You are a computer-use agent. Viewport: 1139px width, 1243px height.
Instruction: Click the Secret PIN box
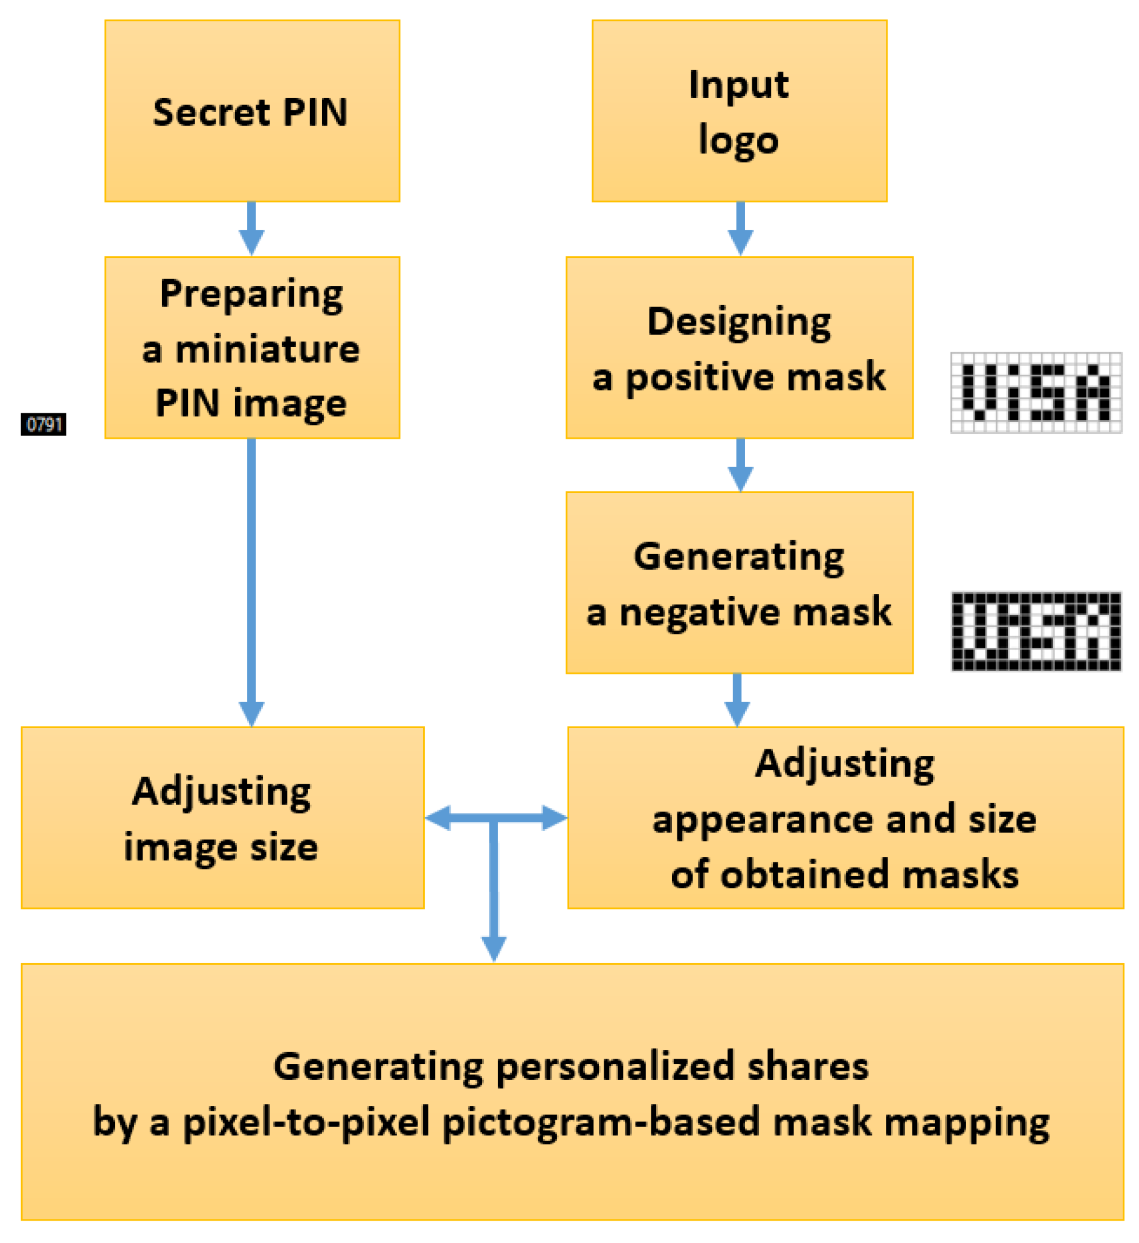coord(251,111)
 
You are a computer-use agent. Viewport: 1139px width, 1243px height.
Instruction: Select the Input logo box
coord(739,111)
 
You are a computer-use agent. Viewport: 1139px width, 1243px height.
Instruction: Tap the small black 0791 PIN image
coord(43,424)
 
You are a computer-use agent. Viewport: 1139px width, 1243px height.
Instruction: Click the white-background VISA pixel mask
coord(1036,393)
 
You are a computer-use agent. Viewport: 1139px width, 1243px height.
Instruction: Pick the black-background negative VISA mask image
coord(1036,631)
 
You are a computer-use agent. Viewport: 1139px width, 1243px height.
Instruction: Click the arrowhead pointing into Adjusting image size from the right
coord(438,818)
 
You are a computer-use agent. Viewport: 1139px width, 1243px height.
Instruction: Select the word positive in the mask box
coord(694,377)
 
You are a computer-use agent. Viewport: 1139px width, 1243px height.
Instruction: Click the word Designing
coord(739,322)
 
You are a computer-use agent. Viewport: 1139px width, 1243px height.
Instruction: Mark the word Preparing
coord(251,294)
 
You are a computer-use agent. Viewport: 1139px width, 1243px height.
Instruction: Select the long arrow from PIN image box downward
coord(251,580)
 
